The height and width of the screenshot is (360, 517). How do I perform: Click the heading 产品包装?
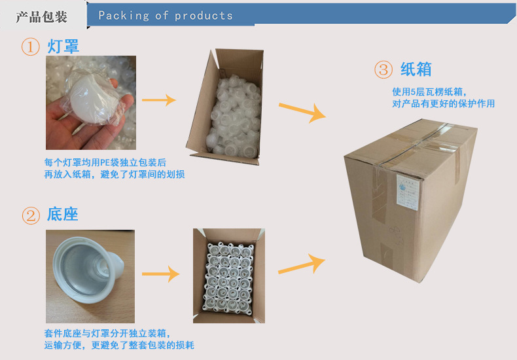coord(41,16)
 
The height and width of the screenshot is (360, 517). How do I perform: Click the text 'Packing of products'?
coord(165,16)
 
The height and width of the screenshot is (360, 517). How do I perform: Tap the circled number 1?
coord(31,47)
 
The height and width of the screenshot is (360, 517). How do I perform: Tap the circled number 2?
coord(31,215)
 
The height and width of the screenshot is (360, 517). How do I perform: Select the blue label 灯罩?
coord(63,47)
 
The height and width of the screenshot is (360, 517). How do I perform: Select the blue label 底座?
coord(63,215)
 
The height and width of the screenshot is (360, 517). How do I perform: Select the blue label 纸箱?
coord(416,69)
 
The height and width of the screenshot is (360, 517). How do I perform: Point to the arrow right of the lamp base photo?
coord(160,274)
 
